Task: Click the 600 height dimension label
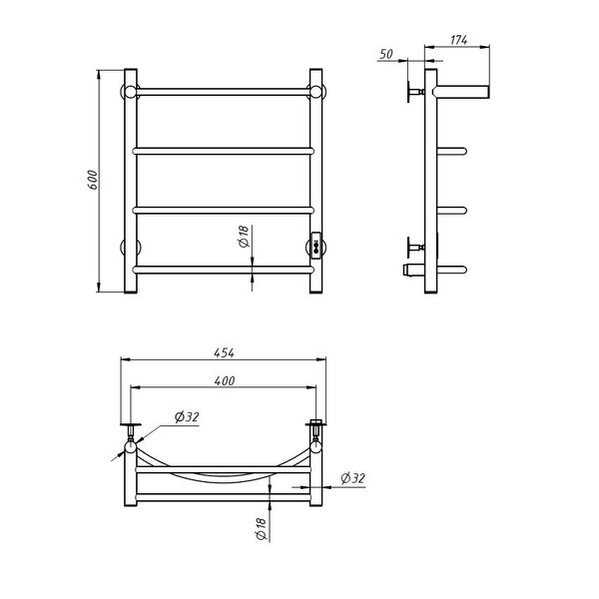(93, 180)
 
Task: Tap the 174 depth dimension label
(458, 40)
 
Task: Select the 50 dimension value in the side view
(386, 54)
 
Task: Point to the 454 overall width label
(225, 352)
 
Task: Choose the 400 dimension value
(225, 381)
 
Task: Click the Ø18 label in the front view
(244, 237)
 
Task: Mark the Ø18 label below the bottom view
(261, 529)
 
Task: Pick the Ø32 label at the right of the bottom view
(352, 478)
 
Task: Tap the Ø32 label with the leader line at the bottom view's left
(187, 416)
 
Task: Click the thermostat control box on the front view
(316, 246)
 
